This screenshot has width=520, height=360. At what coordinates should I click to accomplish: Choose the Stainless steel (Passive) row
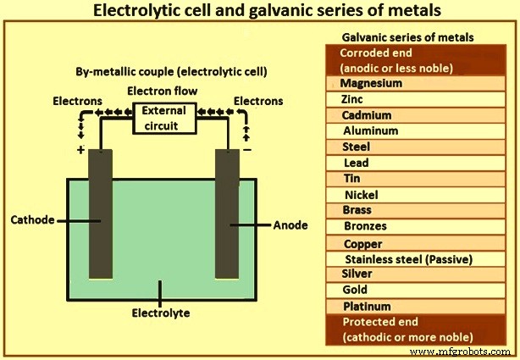tap(407, 258)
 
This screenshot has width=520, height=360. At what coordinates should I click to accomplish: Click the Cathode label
tap(33, 220)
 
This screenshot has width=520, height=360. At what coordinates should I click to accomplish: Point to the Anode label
tap(290, 225)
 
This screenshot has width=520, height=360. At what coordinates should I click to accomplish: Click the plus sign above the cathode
tap(81, 149)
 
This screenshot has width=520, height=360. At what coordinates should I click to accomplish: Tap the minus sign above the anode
tap(246, 149)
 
